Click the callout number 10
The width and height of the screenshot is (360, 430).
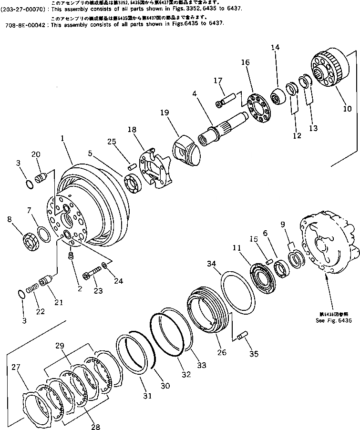[x=347, y=109]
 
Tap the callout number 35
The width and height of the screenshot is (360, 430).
[x=254, y=353]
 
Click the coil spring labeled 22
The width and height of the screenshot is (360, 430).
[x=32, y=288]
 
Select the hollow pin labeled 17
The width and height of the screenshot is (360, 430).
[x=228, y=101]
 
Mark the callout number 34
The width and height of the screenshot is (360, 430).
[x=211, y=264]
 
